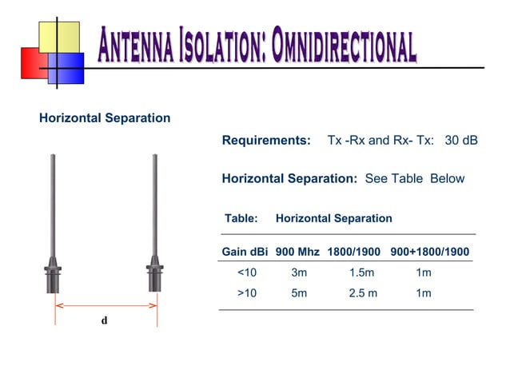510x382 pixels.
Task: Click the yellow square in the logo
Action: pos(59,36)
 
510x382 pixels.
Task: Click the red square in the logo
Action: pos(32,62)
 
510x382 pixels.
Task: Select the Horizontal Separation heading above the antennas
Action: pos(105,118)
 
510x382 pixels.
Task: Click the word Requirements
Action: pos(265,141)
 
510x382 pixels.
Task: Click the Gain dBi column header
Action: pos(245,253)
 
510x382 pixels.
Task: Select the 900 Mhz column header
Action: pos(297,253)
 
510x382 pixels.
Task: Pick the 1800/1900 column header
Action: pos(353,253)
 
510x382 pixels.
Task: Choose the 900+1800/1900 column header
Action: pos(430,253)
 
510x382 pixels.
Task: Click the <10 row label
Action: pos(247,273)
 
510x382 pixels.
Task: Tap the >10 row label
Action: pos(247,293)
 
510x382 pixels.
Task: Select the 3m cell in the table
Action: pos(299,273)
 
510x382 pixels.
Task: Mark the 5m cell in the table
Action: pos(299,293)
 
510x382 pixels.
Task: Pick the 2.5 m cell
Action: pos(363,293)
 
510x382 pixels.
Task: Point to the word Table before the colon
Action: pos(239,218)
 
